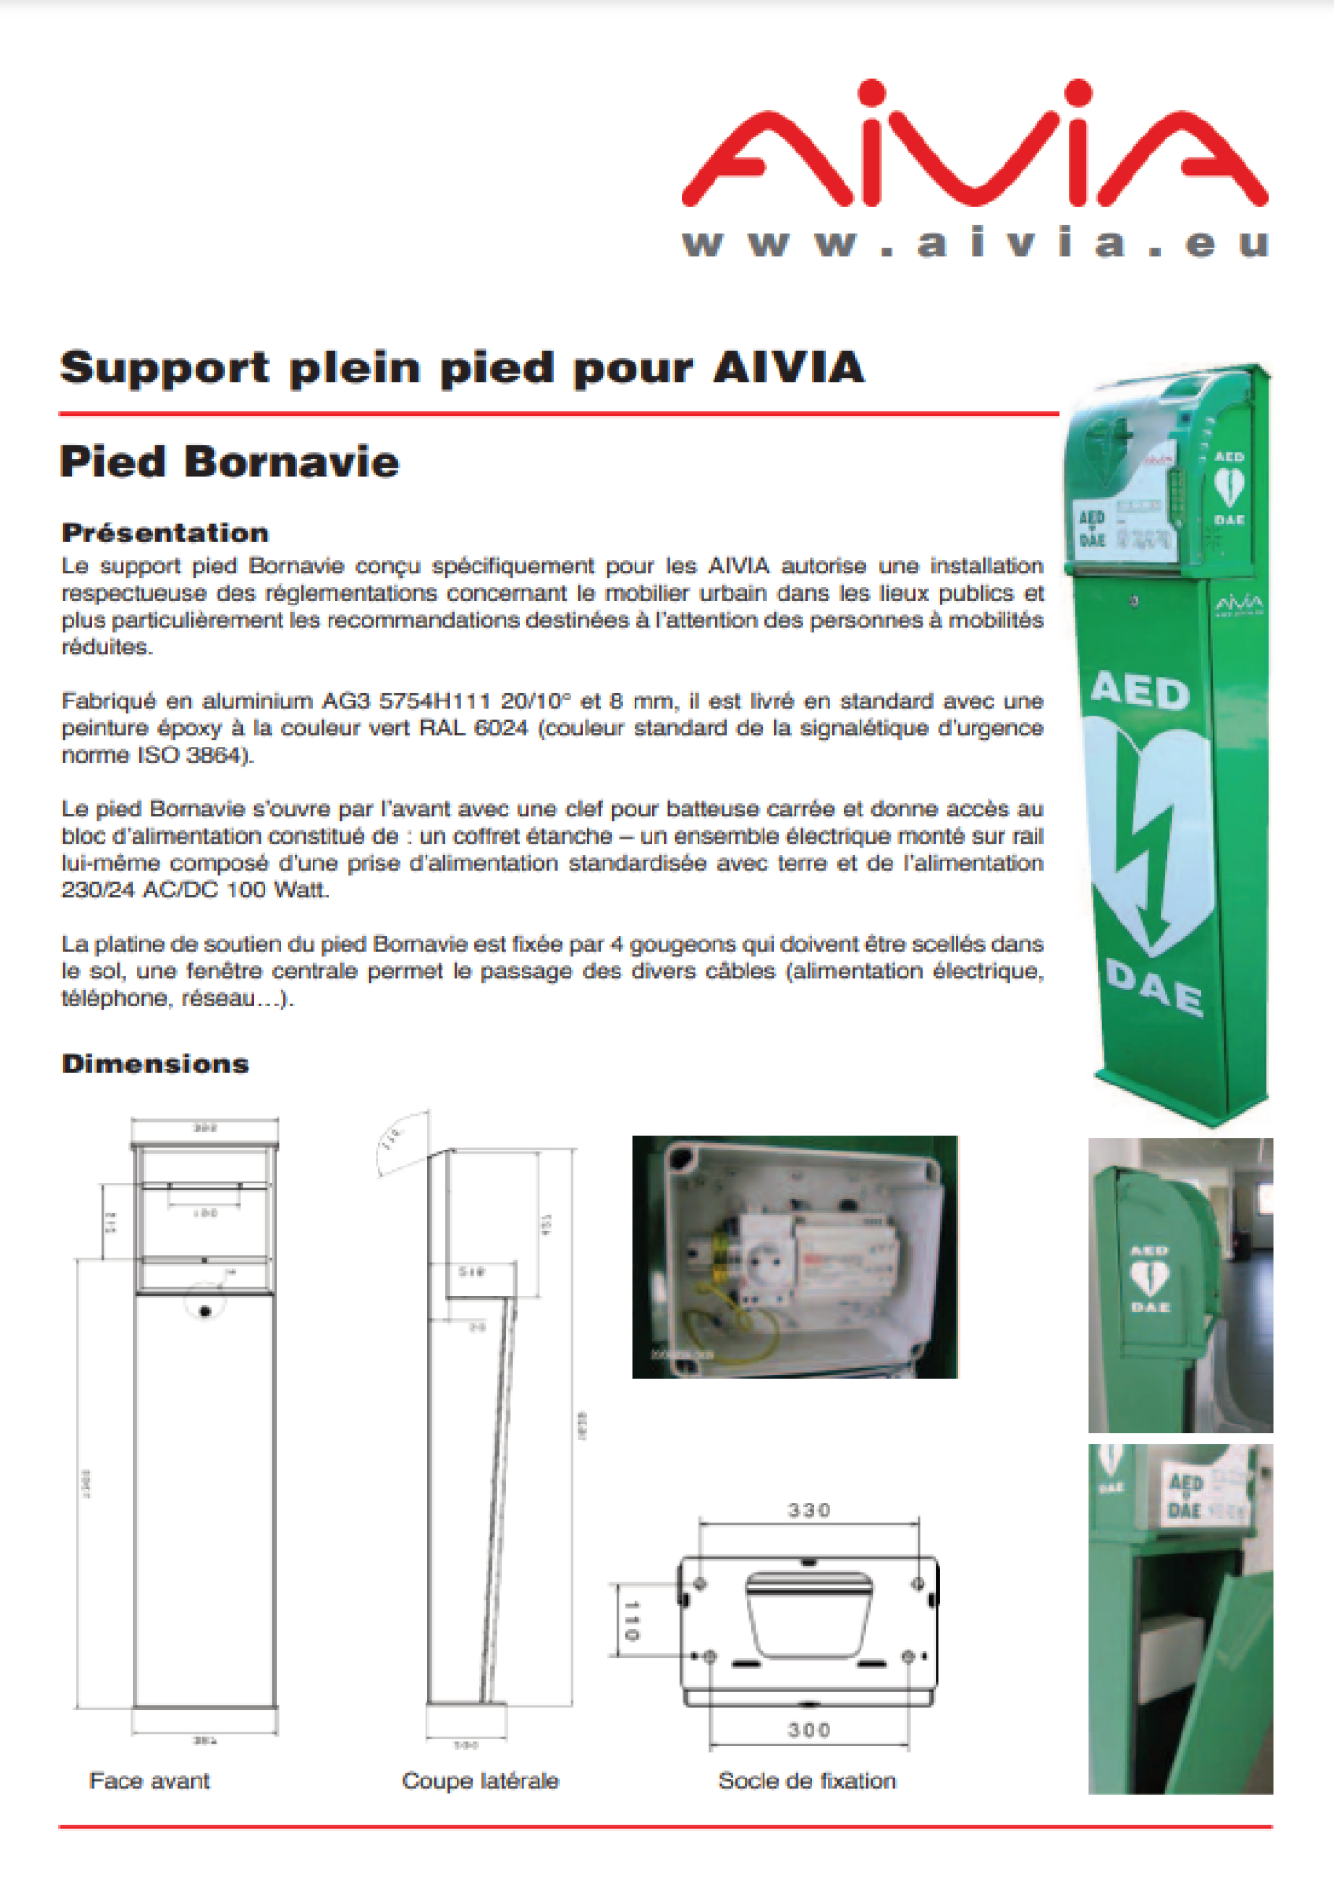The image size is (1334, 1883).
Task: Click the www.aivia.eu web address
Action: click(975, 244)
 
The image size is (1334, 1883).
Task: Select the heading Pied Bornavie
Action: click(230, 462)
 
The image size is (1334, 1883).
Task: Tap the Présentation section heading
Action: click(166, 533)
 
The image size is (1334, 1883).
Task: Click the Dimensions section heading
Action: click(155, 1064)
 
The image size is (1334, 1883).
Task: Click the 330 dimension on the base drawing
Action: click(809, 1510)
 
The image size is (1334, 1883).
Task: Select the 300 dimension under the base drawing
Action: click(809, 1730)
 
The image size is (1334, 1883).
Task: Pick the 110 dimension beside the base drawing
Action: click(631, 1620)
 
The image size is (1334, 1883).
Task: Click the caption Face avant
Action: click(150, 1780)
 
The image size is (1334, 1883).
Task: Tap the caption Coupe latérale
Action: click(480, 1780)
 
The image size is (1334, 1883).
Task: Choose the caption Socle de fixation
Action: click(807, 1780)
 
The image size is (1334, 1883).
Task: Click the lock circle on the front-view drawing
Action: click(205, 1311)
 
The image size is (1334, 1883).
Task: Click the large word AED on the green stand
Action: click(1140, 692)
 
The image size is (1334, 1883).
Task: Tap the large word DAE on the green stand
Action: click(1155, 987)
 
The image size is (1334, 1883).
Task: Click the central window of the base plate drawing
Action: click(808, 1613)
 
